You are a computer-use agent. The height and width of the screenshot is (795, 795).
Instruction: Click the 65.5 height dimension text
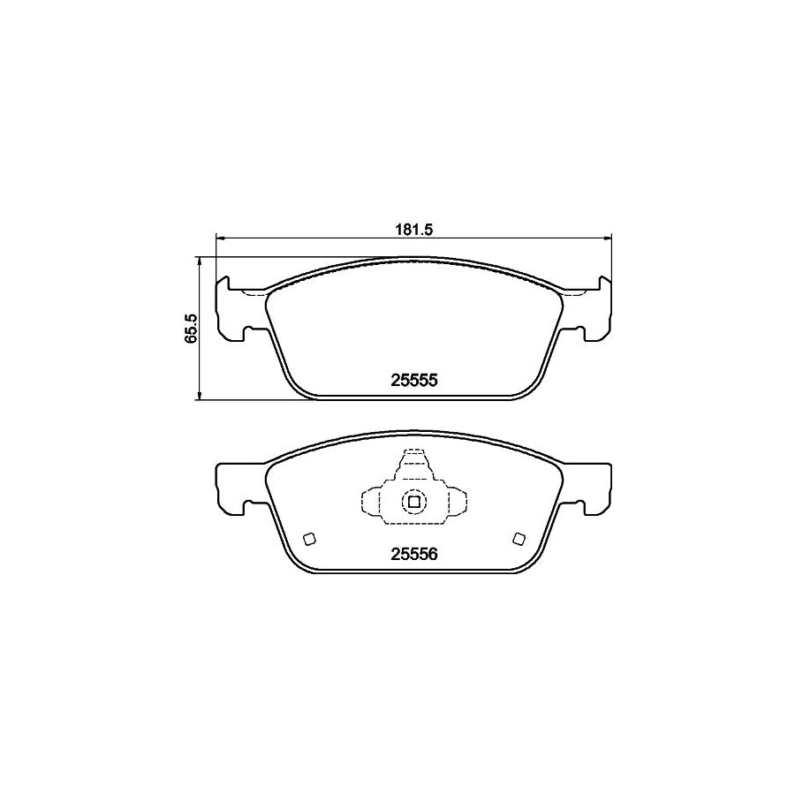pyautogui.click(x=189, y=329)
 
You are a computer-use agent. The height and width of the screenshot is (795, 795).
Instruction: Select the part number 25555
pyautogui.click(x=414, y=380)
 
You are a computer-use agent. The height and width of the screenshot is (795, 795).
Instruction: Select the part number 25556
pyautogui.click(x=414, y=555)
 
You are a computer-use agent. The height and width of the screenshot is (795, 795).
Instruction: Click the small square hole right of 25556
pyautogui.click(x=519, y=540)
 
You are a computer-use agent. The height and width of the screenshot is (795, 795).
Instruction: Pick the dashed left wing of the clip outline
pyautogui.click(x=371, y=503)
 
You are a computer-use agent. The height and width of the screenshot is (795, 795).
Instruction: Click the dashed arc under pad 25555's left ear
pyautogui.click(x=254, y=293)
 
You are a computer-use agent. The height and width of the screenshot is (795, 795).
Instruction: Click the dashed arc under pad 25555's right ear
pyautogui.click(x=574, y=293)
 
